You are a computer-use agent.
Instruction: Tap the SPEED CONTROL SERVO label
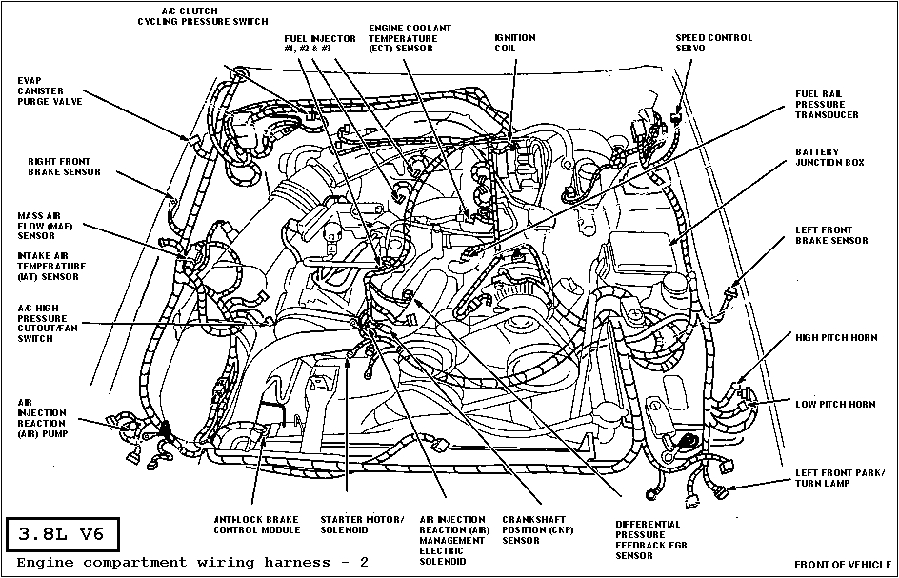[713, 43]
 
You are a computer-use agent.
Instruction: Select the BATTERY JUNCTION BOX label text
[829, 157]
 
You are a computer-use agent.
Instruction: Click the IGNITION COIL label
[515, 43]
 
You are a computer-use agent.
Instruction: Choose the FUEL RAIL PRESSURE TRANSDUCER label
[827, 105]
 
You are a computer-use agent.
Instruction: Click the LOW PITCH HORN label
[835, 404]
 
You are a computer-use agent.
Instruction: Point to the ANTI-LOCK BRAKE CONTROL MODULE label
[256, 524]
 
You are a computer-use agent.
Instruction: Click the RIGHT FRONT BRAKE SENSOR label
[64, 167]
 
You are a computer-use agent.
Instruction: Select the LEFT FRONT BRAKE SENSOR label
[831, 235]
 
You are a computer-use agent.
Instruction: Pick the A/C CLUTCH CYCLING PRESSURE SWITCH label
[202, 15]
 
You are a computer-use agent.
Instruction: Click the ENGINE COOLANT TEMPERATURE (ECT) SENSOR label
[410, 38]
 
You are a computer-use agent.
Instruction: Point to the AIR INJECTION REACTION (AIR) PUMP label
[41, 417]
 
